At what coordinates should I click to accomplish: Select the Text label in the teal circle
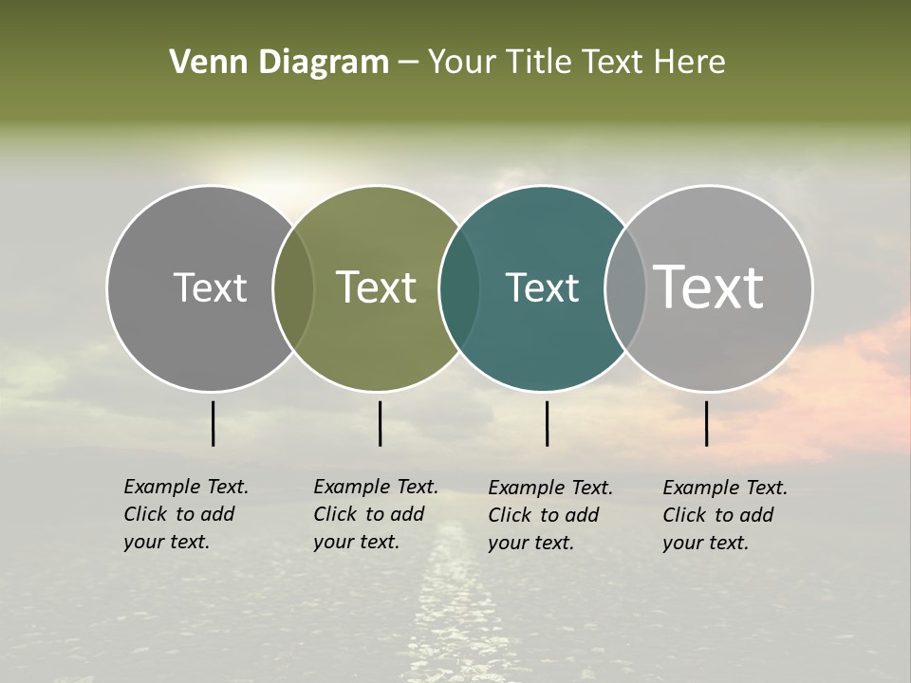(x=542, y=287)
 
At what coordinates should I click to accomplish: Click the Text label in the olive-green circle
(x=376, y=287)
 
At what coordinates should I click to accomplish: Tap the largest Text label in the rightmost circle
(x=709, y=287)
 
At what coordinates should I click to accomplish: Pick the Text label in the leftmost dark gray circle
(x=210, y=287)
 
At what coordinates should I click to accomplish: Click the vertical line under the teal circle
(x=548, y=423)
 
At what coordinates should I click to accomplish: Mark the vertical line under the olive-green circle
(x=380, y=423)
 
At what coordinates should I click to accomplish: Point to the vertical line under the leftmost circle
(x=213, y=423)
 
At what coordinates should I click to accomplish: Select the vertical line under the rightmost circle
(x=707, y=423)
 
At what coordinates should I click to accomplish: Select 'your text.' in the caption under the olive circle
(x=356, y=542)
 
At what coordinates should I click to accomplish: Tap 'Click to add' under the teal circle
(x=544, y=515)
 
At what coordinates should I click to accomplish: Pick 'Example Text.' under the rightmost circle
(x=725, y=488)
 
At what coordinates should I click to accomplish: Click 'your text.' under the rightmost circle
(x=705, y=543)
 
